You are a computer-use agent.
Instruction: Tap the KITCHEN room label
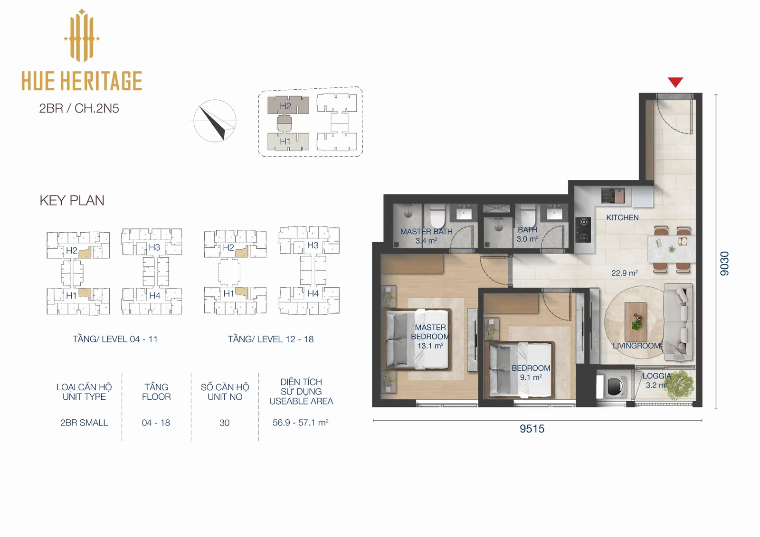click(x=622, y=217)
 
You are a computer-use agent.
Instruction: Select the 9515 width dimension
click(x=532, y=429)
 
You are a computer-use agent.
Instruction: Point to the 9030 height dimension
click(x=724, y=264)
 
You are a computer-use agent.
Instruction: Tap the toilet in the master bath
click(x=437, y=216)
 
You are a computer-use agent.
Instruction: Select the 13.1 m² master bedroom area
click(x=430, y=346)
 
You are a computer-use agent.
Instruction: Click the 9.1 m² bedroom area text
click(x=531, y=377)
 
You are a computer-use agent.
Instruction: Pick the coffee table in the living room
click(x=636, y=321)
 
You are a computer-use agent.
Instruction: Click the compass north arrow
click(x=214, y=122)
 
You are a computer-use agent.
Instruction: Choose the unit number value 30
click(x=224, y=423)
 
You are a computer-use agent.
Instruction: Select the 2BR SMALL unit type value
click(x=84, y=423)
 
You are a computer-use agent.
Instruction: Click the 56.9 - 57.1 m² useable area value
click(x=300, y=423)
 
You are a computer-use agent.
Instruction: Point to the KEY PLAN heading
click(x=72, y=200)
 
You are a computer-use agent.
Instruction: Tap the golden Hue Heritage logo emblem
click(x=82, y=35)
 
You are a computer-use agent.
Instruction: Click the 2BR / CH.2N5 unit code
click(x=79, y=108)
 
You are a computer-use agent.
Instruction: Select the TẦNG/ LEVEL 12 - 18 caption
click(x=271, y=339)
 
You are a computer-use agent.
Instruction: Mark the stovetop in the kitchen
click(x=584, y=230)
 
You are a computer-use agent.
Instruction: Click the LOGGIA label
click(x=656, y=376)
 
